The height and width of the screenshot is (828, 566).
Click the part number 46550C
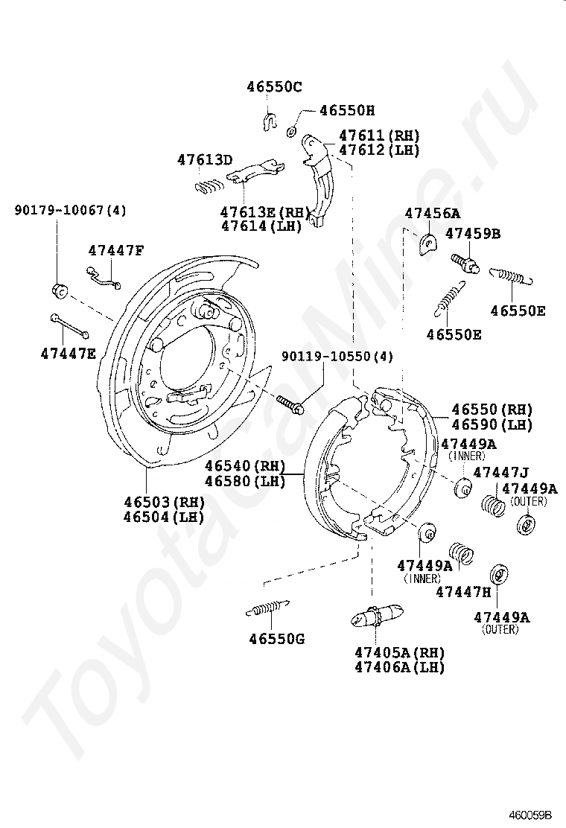point(274,87)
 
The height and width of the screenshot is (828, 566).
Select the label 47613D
point(205,160)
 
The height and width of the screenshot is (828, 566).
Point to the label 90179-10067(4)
point(70,211)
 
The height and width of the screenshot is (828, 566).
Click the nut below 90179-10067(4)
point(59,289)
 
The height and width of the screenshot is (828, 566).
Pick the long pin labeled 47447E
point(69,326)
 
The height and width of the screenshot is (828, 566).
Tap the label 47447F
point(115,250)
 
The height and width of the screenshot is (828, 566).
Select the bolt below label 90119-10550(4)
point(290,404)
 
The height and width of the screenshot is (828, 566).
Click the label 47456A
point(433,214)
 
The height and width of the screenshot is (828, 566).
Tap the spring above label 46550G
point(267,608)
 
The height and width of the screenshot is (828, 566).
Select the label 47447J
point(500,472)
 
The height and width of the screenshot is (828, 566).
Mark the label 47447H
point(463,592)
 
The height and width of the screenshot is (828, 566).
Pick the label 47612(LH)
point(379,150)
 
